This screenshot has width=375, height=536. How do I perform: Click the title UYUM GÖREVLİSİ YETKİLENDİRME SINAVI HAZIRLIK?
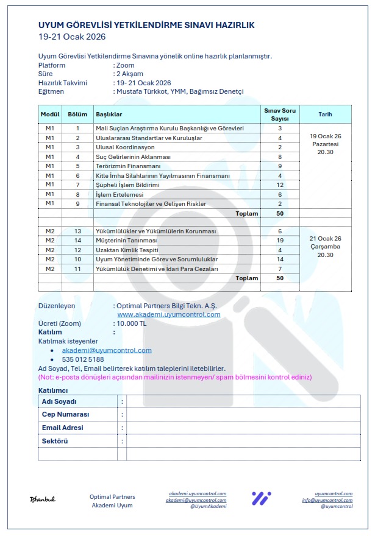146,25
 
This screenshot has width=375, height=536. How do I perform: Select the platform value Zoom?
126,65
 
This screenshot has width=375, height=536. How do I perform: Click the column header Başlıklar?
109,115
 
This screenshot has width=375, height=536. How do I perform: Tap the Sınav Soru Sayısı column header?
279,115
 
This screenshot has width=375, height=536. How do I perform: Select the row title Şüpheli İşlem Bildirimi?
126,185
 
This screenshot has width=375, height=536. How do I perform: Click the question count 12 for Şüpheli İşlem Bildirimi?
280,185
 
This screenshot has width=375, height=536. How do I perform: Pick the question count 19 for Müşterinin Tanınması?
280,241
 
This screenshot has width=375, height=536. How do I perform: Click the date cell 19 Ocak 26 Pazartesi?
325,144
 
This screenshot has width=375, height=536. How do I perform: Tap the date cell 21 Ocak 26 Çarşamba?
325,247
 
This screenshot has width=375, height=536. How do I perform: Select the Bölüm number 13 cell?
77,231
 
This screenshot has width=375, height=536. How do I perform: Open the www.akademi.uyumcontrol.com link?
169,314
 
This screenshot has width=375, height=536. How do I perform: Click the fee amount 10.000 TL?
132,323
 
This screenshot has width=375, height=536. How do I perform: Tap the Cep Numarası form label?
65,414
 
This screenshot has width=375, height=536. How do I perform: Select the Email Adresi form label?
63,428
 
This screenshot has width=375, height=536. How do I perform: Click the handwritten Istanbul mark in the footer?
43,499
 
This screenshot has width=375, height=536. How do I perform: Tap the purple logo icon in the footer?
261,498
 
